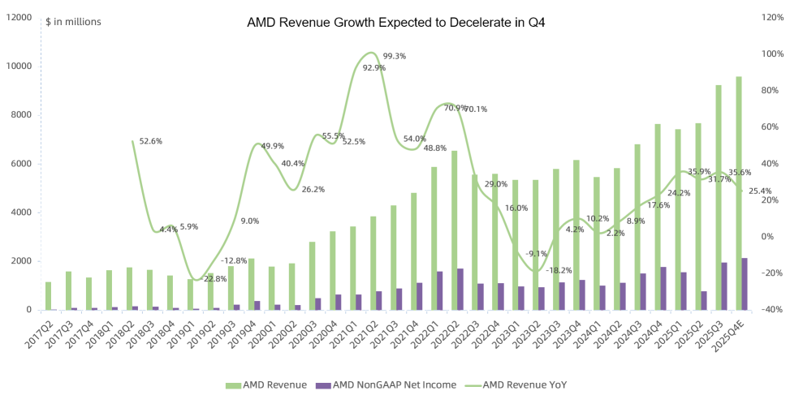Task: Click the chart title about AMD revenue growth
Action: (395, 23)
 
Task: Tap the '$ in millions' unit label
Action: (74, 21)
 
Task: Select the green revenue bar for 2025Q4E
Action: (738, 195)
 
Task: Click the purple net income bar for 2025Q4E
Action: (745, 284)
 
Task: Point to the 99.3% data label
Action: (395, 56)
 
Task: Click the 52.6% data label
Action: (151, 141)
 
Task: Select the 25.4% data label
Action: (761, 191)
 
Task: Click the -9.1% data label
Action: (537, 253)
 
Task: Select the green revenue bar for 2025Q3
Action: (718, 199)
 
